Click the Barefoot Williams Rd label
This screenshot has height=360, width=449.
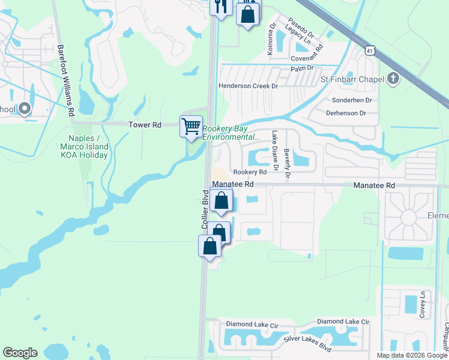coord(65,80)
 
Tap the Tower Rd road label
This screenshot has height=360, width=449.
coord(145,125)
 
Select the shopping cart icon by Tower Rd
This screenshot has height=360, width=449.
coord(191,127)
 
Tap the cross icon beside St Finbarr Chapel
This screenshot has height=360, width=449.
coord(393,79)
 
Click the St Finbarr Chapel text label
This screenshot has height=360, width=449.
coord(352,79)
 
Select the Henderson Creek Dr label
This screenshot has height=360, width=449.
coord(249,86)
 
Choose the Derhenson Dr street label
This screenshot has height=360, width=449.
coord(346,113)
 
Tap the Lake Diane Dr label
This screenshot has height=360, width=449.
coord(275,151)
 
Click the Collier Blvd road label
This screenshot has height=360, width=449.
coord(205,209)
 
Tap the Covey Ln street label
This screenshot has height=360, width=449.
coord(423,304)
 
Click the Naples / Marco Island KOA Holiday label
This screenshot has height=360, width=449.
coord(85,146)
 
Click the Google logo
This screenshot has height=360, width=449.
coord(20,353)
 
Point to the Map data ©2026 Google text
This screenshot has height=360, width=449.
coord(412,355)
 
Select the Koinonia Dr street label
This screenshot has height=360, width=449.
coord(271,38)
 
